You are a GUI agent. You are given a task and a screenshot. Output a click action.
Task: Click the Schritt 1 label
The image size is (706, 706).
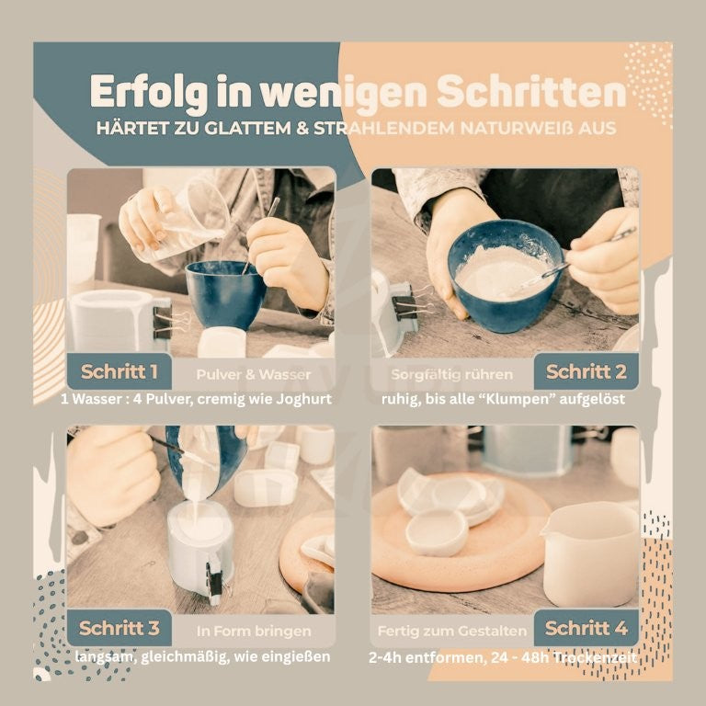tap(119, 372)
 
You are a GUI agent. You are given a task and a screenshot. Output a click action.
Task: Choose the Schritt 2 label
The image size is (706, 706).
tap(586, 372)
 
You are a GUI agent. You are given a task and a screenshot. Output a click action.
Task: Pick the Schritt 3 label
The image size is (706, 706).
tap(119, 628)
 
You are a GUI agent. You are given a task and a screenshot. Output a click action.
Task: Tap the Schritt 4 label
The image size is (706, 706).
tap(586, 628)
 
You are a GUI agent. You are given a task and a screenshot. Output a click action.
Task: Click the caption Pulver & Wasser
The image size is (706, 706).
tap(254, 374)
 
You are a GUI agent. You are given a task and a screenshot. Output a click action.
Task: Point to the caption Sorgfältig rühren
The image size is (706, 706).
tap(451, 374)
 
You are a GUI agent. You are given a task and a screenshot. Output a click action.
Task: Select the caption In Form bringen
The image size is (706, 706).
tap(254, 631)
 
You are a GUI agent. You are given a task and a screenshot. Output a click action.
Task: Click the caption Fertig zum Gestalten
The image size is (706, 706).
tap(452, 631)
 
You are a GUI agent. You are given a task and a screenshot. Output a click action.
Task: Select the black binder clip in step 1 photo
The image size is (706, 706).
tap(163, 321)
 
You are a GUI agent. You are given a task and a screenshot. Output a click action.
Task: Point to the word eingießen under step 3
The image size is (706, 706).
tap(296, 657)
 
